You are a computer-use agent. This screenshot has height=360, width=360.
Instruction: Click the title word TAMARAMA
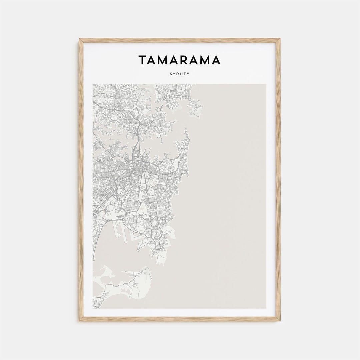(179, 60)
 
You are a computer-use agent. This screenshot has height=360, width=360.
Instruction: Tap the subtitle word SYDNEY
(179, 74)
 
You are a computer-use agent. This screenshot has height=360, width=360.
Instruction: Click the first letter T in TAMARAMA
(142, 60)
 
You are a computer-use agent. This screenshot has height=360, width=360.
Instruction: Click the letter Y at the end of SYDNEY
(188, 74)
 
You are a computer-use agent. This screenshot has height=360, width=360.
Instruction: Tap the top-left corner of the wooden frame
(80, 39)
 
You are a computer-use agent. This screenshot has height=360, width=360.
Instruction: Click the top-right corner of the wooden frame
(279, 39)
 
